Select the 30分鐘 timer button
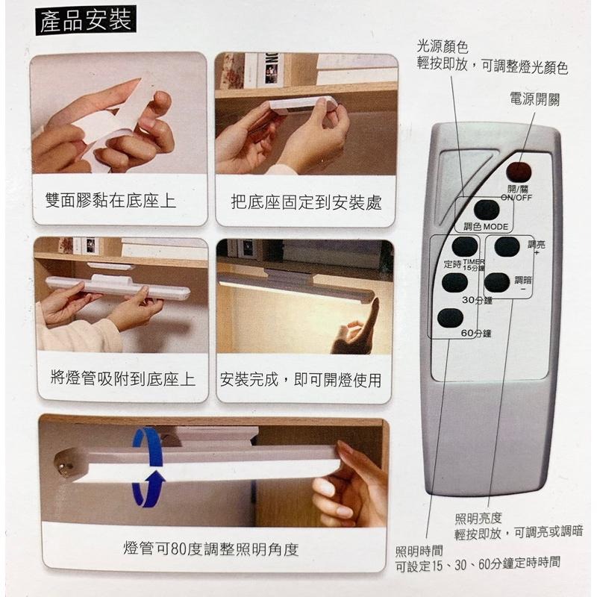[454, 283]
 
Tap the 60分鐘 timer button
[450, 318]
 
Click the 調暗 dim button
[497, 282]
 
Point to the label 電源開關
[534, 99]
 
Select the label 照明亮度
[478, 517]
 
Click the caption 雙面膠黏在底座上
[110, 201]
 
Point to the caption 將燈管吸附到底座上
[117, 380]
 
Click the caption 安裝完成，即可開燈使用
[301, 380]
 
